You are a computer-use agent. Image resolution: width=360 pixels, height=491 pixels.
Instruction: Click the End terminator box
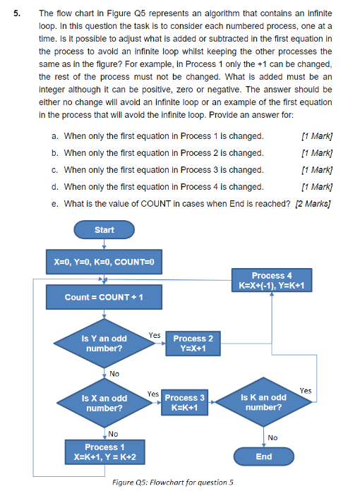pyautogui.click(x=264, y=456)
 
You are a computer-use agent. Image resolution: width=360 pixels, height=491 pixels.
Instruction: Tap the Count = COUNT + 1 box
pyautogui.click(x=104, y=297)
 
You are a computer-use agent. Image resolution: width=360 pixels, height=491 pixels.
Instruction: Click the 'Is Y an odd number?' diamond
pyautogui.click(x=104, y=344)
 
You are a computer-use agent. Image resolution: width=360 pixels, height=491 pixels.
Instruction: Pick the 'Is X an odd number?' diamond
pyautogui.click(x=104, y=403)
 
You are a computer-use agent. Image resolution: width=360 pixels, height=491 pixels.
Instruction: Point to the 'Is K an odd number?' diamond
pyautogui.click(x=264, y=403)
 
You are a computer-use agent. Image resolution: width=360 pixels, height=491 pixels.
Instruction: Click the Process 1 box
pyautogui.click(x=104, y=452)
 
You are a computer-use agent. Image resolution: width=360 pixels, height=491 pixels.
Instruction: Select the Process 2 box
pyautogui.click(x=193, y=344)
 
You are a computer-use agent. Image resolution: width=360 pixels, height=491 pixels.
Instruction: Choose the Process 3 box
pyautogui.click(x=185, y=403)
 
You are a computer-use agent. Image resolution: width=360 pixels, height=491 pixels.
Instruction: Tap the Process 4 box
pyautogui.click(x=272, y=280)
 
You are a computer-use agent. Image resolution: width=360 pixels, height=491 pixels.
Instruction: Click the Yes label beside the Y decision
pyautogui.click(x=154, y=335)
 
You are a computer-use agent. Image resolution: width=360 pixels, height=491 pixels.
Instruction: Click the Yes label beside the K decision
pyautogui.click(x=305, y=390)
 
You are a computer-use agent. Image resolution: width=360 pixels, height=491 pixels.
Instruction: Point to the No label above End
pyautogui.click(x=273, y=437)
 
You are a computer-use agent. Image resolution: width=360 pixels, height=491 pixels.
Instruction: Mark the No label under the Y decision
pyautogui.click(x=114, y=373)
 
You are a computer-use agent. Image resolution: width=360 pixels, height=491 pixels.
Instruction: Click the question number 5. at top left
pyautogui.click(x=19, y=13)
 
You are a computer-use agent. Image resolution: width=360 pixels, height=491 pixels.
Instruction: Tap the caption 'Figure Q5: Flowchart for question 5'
pyautogui.click(x=174, y=482)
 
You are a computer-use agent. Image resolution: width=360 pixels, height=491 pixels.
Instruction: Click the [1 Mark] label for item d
pyautogui.click(x=317, y=187)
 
